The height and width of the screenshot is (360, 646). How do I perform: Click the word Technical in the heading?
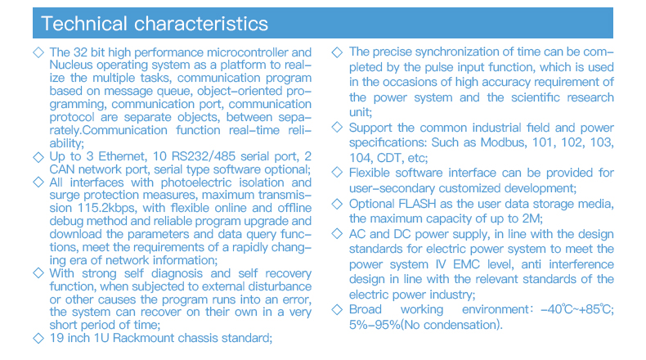pos(84,24)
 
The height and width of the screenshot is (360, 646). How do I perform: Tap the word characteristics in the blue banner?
pos(201,24)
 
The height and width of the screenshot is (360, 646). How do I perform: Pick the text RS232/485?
pos(204,156)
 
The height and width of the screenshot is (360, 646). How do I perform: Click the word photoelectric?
pos(196,182)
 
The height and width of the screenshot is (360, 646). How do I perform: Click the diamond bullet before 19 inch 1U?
pos(38,338)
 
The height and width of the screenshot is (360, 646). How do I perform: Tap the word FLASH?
pos(417,204)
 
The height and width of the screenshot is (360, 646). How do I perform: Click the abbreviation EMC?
pos(466,264)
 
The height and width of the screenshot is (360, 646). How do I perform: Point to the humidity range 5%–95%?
pos(375,325)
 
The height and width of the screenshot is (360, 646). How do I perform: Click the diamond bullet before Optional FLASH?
pos(337,204)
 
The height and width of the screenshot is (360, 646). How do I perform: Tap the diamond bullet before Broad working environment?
pos(337,309)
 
